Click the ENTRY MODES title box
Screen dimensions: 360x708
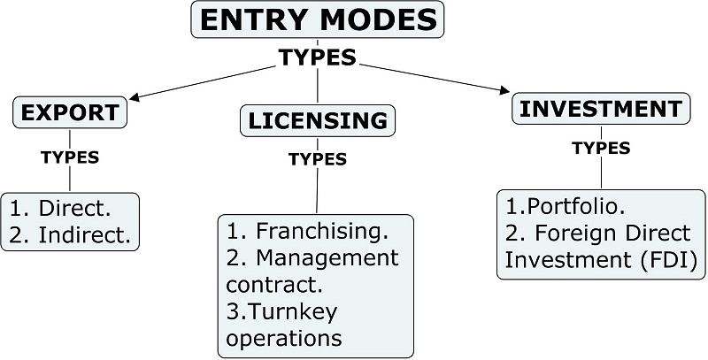pyautogui.click(x=318, y=20)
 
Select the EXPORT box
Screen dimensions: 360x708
pyautogui.click(x=70, y=112)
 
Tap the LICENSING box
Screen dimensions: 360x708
pyautogui.click(x=317, y=120)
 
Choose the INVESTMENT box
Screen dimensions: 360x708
pyautogui.click(x=600, y=109)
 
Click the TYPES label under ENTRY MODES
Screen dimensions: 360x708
pyautogui.click(x=318, y=57)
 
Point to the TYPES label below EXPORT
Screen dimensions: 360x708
pyautogui.click(x=70, y=158)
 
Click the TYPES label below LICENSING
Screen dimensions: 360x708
pyautogui.click(x=317, y=159)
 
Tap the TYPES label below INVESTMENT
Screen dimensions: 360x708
pyautogui.click(x=601, y=148)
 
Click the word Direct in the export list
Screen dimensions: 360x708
pyautogui.click(x=76, y=210)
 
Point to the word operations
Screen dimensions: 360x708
pyautogui.click(x=284, y=338)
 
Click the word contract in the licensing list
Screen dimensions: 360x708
pyautogui.click(x=269, y=285)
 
